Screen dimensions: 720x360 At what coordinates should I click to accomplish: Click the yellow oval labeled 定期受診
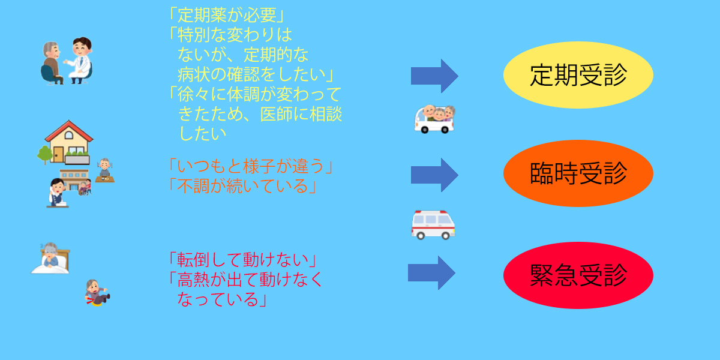pos(578,75)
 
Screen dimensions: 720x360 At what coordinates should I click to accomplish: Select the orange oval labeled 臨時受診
pos(578,173)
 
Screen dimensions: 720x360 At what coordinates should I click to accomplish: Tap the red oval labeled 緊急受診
pos(578,275)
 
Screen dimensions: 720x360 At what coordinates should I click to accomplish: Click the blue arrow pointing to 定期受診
pos(434,76)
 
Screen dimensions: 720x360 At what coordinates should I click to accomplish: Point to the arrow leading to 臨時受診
pos(434,175)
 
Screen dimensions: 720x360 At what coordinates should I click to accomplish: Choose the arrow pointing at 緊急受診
pos(431,272)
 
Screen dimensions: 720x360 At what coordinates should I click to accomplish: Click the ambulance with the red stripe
pos(433,225)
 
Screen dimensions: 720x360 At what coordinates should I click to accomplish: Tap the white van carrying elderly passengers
pos(434,119)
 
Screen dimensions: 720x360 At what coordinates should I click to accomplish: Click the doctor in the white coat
pos(80,61)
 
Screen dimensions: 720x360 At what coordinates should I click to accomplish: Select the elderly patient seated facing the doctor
pos(52,63)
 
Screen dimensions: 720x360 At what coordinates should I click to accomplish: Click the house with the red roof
pos(68,142)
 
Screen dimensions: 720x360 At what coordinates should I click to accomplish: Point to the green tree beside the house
pos(44,155)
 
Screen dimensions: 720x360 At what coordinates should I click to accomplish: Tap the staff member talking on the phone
pos(57,193)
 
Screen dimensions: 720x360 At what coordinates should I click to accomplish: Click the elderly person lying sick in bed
pos(51,258)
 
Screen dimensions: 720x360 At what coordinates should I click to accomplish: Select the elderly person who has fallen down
pos(97,293)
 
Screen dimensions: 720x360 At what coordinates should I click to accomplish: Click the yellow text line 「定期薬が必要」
pos(227,15)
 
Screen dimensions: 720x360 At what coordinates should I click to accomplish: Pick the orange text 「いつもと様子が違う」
pos(251,166)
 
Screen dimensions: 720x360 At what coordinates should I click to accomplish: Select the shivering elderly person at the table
pos(105,170)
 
